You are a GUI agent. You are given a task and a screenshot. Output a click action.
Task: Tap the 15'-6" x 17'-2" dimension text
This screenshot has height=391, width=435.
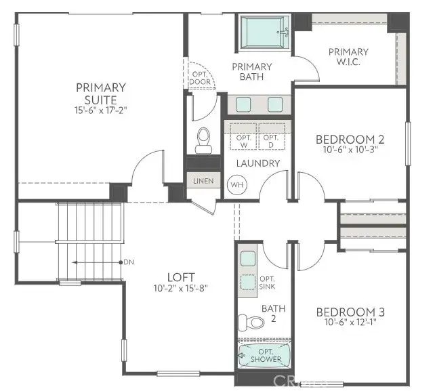[100, 109]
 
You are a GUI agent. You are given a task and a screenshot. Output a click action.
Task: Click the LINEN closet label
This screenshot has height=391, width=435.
[203, 181]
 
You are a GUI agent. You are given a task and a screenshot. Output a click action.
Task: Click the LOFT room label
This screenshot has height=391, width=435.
[182, 277]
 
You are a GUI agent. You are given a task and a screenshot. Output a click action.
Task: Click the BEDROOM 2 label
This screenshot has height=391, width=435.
[350, 140]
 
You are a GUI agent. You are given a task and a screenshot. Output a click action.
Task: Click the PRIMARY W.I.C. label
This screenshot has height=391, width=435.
[348, 57]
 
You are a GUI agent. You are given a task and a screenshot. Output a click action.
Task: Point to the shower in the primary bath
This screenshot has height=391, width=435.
[265, 31]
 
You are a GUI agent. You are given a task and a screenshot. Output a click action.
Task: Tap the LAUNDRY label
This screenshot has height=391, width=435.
[258, 163]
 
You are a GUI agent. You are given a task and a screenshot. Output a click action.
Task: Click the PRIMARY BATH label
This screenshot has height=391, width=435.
[251, 72]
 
